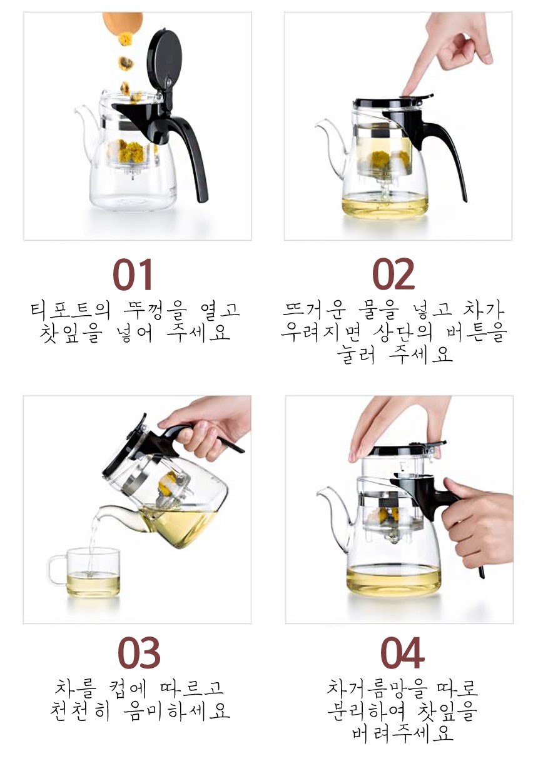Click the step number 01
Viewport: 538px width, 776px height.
coord(133,275)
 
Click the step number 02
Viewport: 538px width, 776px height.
coord(393,275)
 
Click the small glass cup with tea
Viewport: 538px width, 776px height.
coord(91,572)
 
